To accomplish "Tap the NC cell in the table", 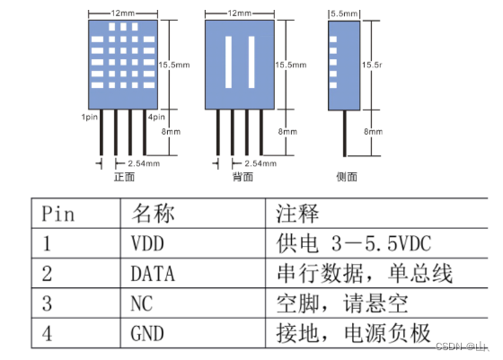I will pyautogui.click(x=142, y=303).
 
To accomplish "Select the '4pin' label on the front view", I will pyautogui.click(x=157, y=117).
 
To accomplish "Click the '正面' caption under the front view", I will pyautogui.click(x=123, y=177).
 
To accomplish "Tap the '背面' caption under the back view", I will pyautogui.click(x=242, y=177).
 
